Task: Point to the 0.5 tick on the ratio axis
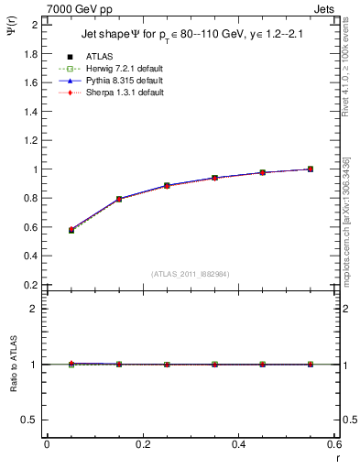(33, 420)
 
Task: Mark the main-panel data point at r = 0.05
(46, 230)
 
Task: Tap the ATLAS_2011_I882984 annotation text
(190, 274)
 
